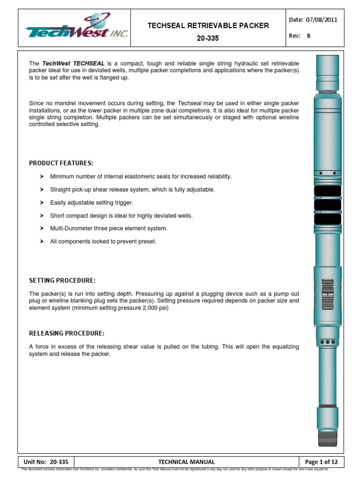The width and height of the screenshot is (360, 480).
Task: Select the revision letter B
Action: click(308, 36)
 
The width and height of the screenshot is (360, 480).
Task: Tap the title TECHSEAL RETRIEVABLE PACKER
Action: click(209, 25)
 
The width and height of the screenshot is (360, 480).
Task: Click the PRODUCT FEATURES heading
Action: click(61, 163)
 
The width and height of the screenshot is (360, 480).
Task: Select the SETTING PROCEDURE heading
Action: click(62, 280)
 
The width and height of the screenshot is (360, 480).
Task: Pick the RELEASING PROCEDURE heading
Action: click(67, 333)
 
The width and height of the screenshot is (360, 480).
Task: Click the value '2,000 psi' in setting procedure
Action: click(155, 309)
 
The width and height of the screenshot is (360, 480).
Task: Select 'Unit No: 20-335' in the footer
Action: click(45, 462)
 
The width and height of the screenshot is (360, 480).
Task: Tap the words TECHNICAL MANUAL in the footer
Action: click(186, 462)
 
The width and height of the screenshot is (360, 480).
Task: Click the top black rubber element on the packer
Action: click(327, 191)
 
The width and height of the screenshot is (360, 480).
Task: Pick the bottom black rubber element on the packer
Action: click(327, 219)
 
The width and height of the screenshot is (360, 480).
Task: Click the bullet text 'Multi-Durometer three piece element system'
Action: click(109, 229)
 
